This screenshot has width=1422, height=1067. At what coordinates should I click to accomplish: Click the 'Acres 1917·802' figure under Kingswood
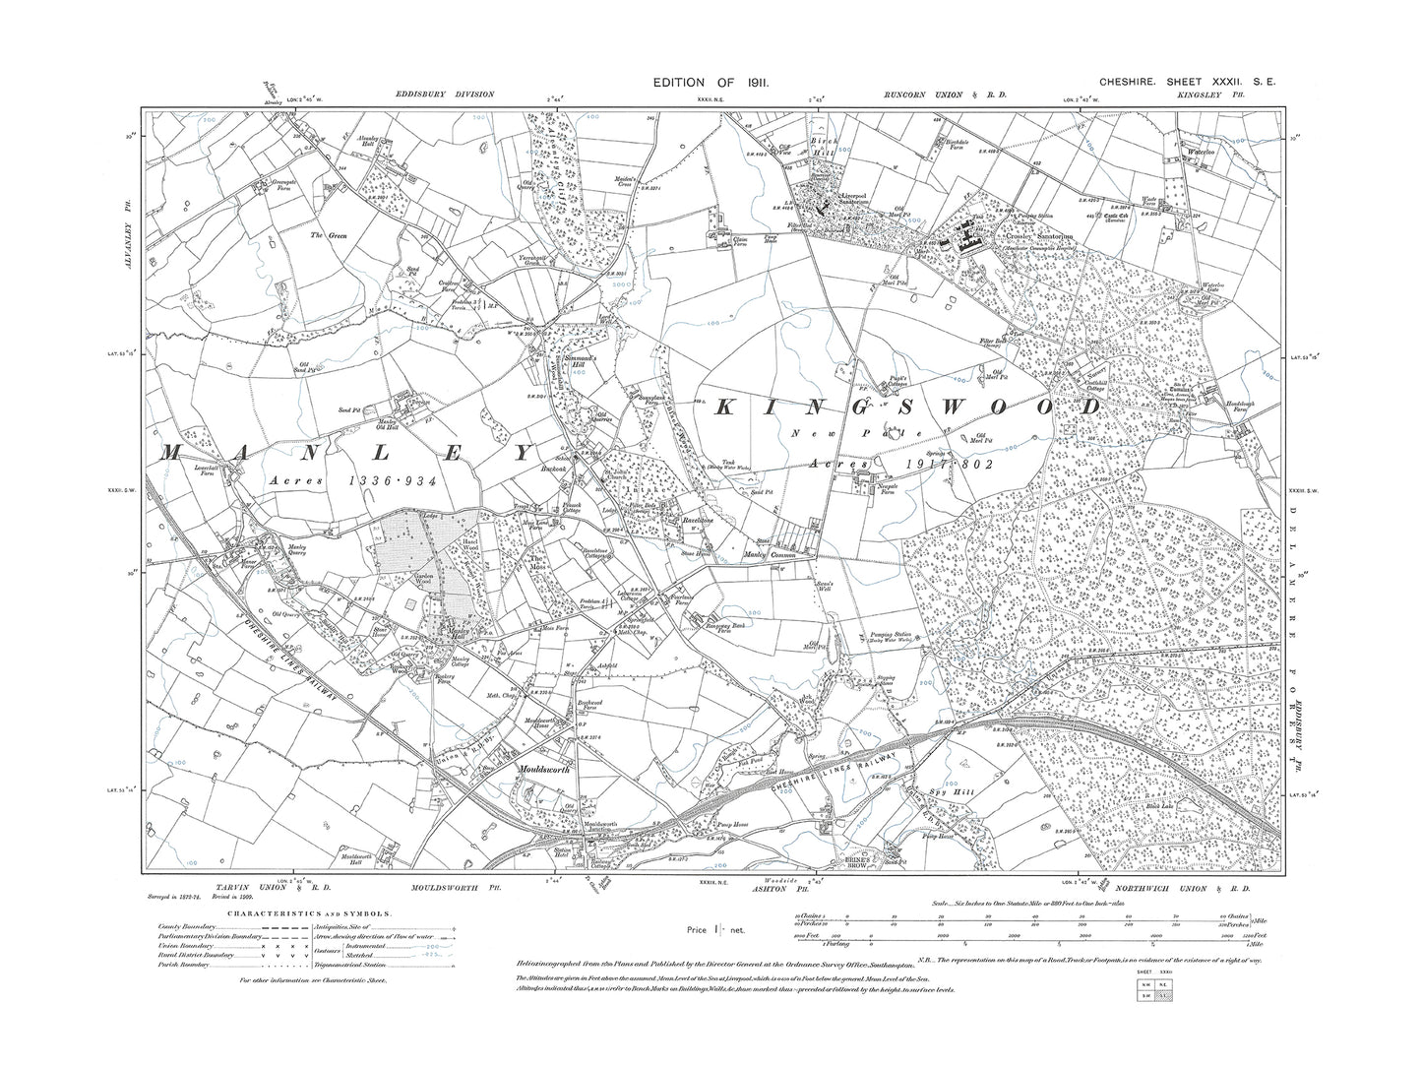(901, 463)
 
